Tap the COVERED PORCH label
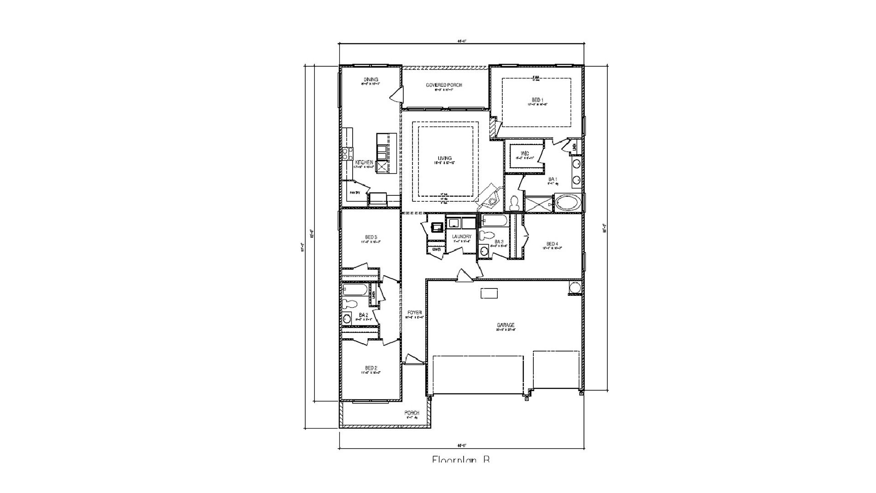pyautogui.click(x=444, y=85)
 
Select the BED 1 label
pyautogui.click(x=537, y=100)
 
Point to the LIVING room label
pyautogui.click(x=444, y=158)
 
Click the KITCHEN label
pyautogui.click(x=364, y=163)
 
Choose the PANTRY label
pyautogui.click(x=355, y=193)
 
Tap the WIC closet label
pyautogui.click(x=524, y=153)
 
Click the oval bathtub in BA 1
pyautogui.click(x=568, y=202)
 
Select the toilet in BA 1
pyautogui.click(x=515, y=203)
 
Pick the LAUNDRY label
pyautogui.click(x=461, y=236)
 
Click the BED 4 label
pyautogui.click(x=552, y=243)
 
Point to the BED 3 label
pyautogui.click(x=370, y=237)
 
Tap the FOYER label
pyautogui.click(x=415, y=312)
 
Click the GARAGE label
pyautogui.click(x=506, y=325)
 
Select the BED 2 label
pyautogui.click(x=370, y=368)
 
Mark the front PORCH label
pyautogui.click(x=412, y=413)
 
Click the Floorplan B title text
pyautogui.click(x=461, y=459)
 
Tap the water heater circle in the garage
pyautogui.click(x=575, y=288)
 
